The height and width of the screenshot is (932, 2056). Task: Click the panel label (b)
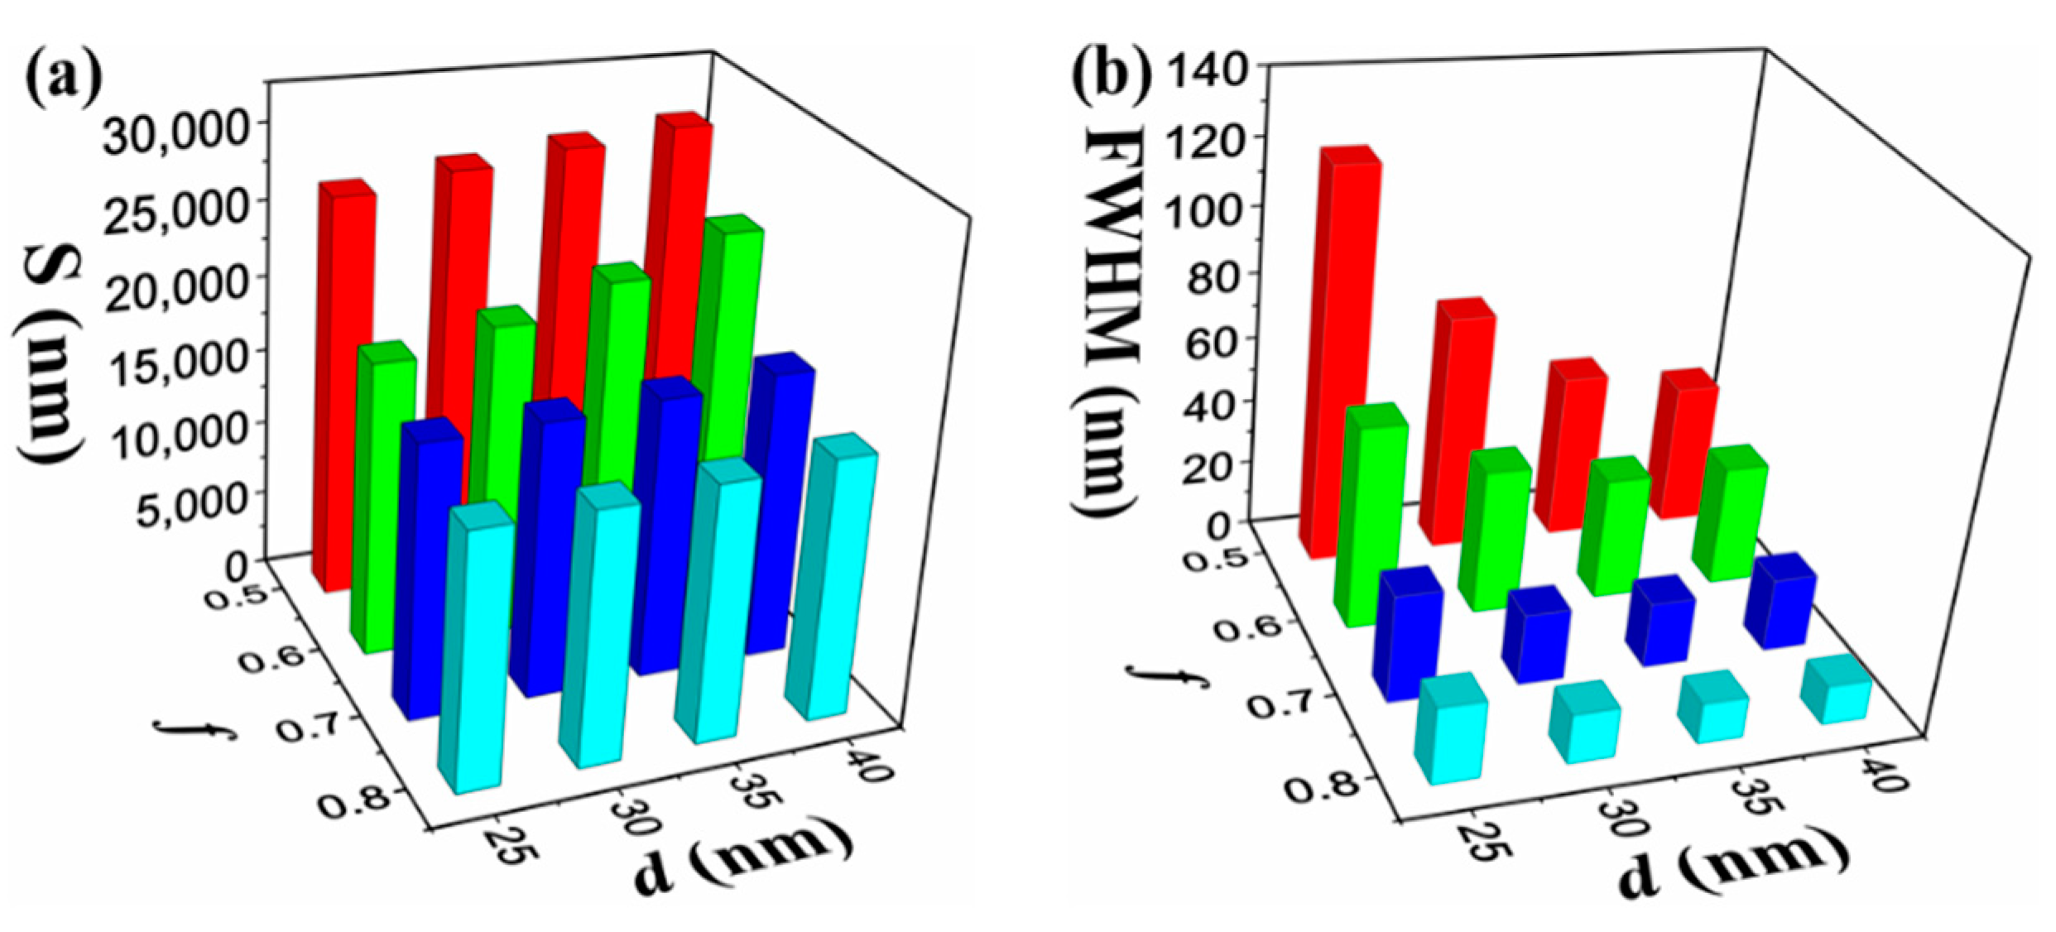pos(1112,76)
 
